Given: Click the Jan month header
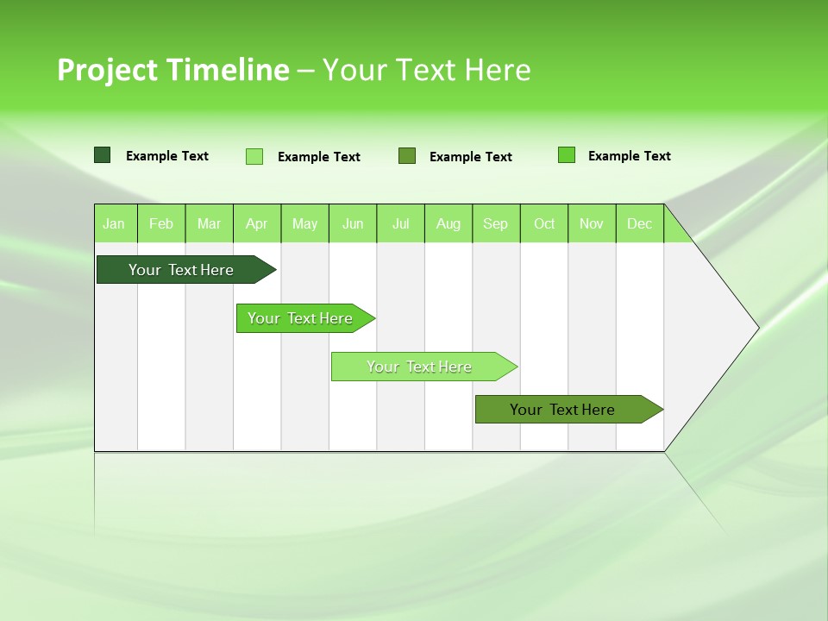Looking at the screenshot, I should pos(114,223).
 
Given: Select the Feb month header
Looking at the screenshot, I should pos(161,223).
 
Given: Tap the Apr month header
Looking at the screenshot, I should pos(256,223).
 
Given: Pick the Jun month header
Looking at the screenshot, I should pos(353,223).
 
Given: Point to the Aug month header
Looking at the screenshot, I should pos(448,223).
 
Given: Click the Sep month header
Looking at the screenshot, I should pos(496,223).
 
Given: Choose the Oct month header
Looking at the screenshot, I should pos(544,223).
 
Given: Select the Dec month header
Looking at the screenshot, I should pos(640,223).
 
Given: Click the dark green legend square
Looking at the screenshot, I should pos(102,155).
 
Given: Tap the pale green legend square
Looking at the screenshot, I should pos(254,156).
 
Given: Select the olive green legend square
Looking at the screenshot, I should pos(407,156).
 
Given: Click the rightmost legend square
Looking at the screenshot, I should pos(567,155).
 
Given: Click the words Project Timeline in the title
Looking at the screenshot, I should pos(172,70).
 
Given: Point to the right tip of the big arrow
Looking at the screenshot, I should pos(757,328).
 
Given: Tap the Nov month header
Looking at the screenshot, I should pos(592,223).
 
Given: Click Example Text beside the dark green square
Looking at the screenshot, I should pos(167,156).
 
